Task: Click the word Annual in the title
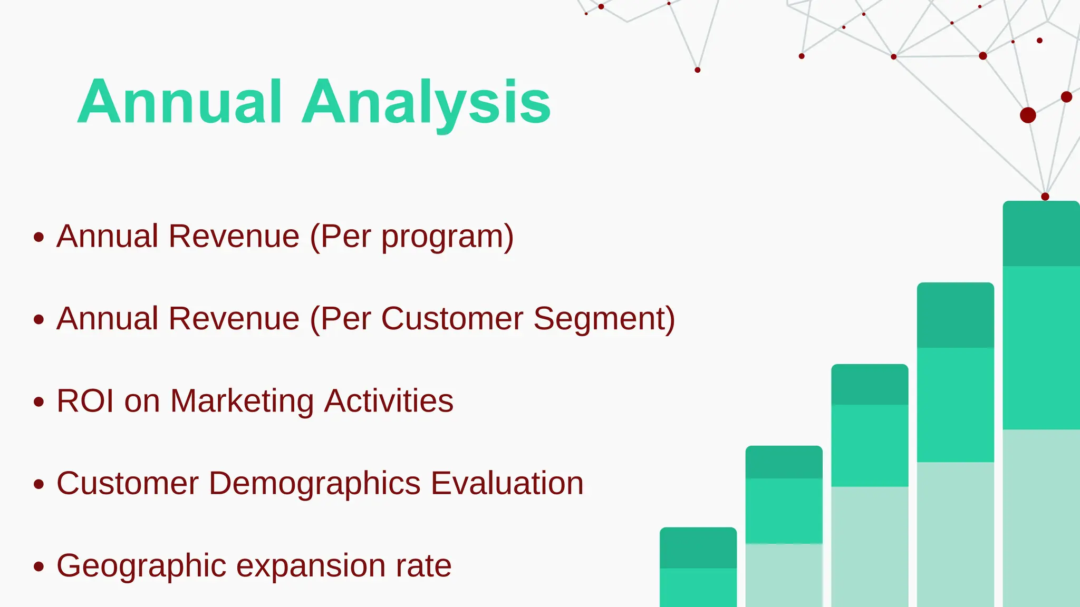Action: point(179,101)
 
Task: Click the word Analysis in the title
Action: point(426,101)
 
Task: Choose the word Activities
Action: point(389,401)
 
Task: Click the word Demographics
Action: point(315,484)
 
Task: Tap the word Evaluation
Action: point(507,483)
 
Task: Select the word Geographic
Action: point(141,566)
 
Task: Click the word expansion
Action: point(311,566)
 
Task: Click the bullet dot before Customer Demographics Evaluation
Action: point(38,484)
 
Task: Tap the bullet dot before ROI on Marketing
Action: point(38,402)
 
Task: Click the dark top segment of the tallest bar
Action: point(1041,233)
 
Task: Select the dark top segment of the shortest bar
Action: point(698,548)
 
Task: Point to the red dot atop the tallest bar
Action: point(1045,197)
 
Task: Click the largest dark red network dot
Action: point(1028,115)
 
